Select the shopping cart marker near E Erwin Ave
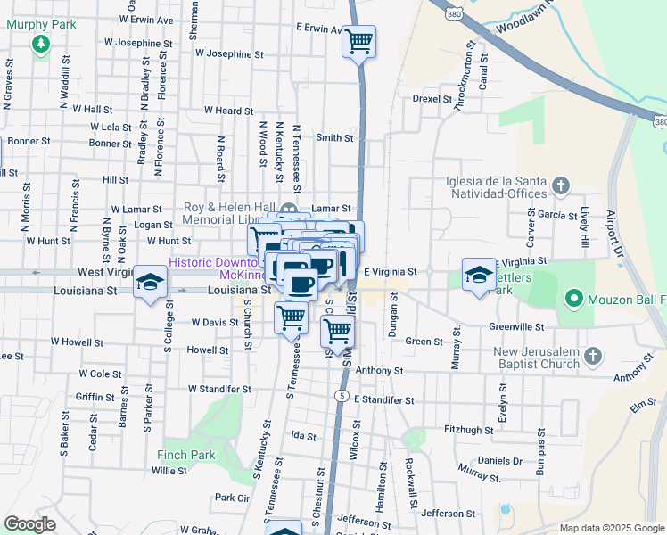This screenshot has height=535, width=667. pos(358,41)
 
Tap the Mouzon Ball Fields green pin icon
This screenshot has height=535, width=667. pos(573,299)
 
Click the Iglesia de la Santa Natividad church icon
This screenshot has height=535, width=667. pos(560,185)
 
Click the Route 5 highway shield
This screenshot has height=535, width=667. pos(342,395)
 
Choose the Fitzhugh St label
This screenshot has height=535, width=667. pos(469,430)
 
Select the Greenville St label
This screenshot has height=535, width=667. pos(516,326)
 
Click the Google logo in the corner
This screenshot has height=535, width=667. pos(30,524)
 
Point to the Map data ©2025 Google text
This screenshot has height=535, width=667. pos(612,528)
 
